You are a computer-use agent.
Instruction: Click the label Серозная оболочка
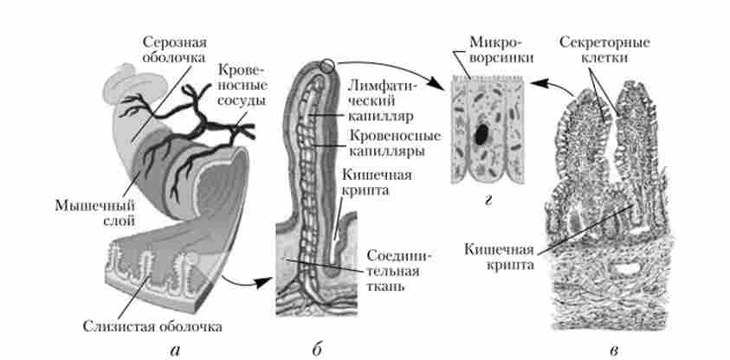(x=175, y=50)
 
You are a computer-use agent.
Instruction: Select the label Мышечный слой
(x=95, y=213)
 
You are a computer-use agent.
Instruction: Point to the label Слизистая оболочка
(x=152, y=326)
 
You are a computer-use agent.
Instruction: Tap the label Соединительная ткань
(x=399, y=271)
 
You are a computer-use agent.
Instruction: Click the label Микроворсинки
(x=496, y=50)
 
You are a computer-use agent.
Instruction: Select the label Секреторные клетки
(x=604, y=50)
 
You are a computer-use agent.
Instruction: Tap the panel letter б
(x=317, y=350)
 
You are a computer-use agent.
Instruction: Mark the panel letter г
(x=488, y=201)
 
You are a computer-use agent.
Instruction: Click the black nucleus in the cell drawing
(x=481, y=134)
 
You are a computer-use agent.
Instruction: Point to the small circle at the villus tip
(x=327, y=66)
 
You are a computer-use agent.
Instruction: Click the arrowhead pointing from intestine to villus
(x=263, y=282)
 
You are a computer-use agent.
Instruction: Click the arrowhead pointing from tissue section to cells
(x=538, y=83)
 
